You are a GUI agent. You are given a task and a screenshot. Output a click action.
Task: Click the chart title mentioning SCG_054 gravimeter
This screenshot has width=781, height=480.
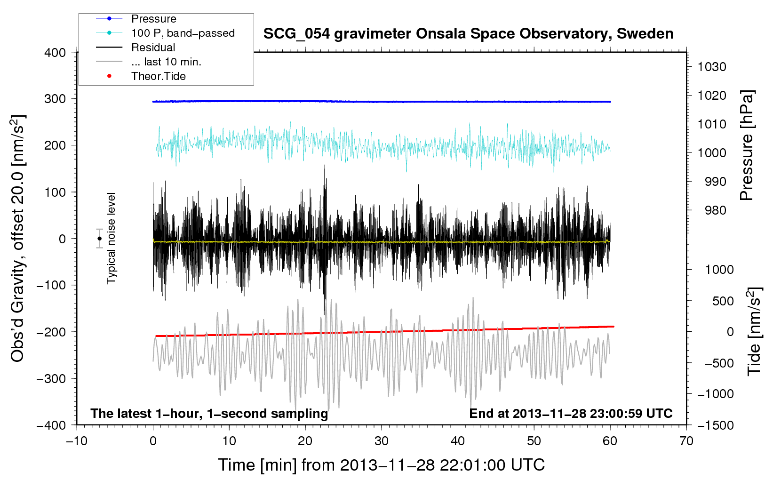pos(468,34)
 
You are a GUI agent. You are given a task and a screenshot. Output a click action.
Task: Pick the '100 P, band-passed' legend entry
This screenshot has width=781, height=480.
pos(165,33)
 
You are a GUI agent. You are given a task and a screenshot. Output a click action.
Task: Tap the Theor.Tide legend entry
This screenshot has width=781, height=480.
pos(141,76)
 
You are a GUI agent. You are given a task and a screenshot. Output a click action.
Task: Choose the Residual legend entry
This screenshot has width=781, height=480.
pos(135,48)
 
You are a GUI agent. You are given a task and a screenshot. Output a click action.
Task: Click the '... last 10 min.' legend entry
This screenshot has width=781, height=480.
pos(149,62)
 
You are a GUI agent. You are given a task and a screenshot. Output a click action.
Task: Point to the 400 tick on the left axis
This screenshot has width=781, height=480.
pos(55,53)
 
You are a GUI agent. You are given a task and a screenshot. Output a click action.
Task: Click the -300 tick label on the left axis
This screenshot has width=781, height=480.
pos(51,378)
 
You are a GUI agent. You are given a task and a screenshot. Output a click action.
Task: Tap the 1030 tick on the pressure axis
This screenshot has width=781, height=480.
pos(712,67)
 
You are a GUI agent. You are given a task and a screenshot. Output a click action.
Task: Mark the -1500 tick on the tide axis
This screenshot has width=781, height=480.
pos(716,425)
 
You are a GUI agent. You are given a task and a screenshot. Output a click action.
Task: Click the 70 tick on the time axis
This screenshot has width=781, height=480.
pos(686,441)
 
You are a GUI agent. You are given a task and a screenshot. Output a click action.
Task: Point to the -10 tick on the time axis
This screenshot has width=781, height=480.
pos(77,441)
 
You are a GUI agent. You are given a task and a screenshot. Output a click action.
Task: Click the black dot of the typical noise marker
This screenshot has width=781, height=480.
pos(99,239)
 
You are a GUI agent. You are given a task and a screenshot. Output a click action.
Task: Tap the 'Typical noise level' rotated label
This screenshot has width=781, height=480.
pos(111,238)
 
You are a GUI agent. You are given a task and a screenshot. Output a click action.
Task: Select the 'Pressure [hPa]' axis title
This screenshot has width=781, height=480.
pos(747,145)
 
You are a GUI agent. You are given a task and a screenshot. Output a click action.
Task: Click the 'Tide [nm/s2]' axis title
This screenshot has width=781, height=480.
pos(755,331)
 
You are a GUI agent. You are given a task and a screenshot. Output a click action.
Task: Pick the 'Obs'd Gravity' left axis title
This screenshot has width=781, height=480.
pos(17,239)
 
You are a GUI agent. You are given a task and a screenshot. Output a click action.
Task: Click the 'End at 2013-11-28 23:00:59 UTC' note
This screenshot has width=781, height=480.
pos(571,413)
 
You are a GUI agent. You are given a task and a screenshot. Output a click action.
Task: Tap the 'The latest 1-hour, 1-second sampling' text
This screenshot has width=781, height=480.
pos(209,414)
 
